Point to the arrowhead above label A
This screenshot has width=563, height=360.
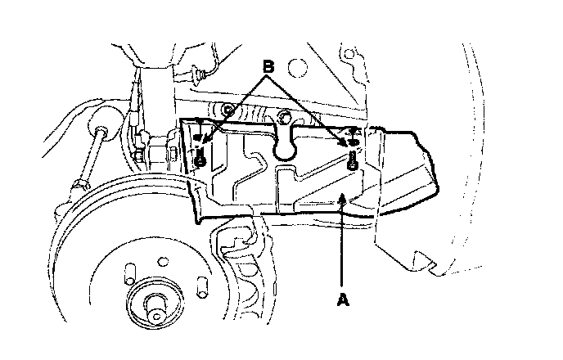340,198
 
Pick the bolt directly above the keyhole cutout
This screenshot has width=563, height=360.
284,114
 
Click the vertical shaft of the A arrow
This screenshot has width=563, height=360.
340,245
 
